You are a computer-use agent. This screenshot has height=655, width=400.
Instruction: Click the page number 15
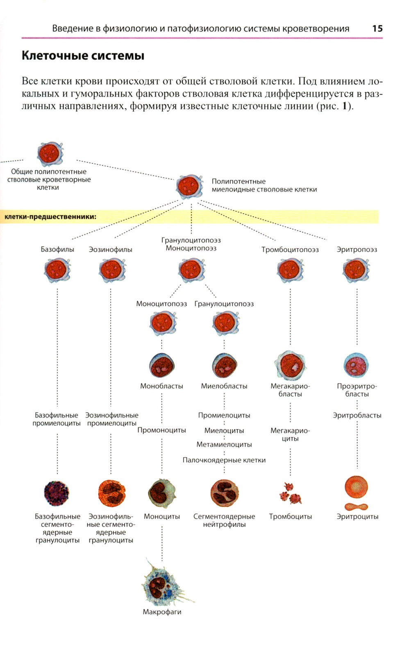click(377, 28)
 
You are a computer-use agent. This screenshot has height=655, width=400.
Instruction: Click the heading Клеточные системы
click(83, 56)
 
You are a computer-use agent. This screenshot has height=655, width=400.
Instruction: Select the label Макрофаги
click(162, 612)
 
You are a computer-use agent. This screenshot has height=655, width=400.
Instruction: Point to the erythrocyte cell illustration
click(357, 487)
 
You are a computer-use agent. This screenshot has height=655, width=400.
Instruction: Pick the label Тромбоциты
click(290, 517)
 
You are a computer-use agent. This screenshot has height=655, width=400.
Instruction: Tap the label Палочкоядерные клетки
click(224, 460)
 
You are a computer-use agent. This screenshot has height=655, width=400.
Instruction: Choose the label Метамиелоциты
click(224, 445)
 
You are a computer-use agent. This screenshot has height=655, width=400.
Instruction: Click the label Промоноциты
click(161, 430)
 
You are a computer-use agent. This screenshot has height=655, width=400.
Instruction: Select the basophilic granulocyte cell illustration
click(57, 493)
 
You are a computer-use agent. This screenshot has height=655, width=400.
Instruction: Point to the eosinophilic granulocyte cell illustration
click(111, 493)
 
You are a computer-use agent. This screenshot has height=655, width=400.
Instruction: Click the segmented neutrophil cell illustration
click(224, 493)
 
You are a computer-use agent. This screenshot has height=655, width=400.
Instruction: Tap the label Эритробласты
click(357, 416)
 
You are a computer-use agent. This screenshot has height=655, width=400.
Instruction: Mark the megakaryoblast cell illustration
click(291, 365)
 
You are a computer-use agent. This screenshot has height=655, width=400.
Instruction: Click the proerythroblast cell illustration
click(356, 365)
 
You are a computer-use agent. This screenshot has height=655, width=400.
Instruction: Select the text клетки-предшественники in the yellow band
click(50, 217)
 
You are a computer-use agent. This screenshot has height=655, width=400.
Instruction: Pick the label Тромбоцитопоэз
click(290, 250)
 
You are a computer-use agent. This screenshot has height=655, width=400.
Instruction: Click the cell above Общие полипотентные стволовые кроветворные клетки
click(50, 153)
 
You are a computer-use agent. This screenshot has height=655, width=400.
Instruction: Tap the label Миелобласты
click(224, 386)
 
